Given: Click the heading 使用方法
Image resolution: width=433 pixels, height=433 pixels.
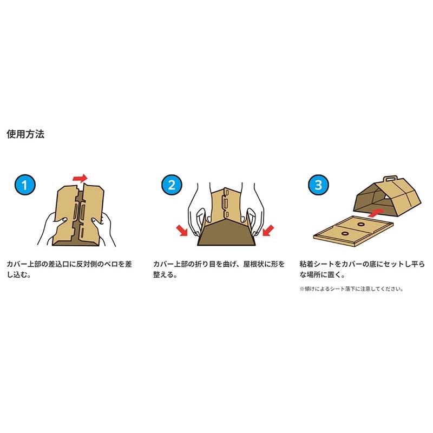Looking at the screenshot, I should pyautogui.click(x=25, y=134).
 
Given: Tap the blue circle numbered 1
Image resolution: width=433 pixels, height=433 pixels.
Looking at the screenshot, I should pyautogui.click(x=25, y=185).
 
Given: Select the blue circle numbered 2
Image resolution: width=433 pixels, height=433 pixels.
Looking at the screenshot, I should pyautogui.click(x=172, y=185).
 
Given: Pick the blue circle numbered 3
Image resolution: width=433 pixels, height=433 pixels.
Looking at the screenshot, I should pyautogui.click(x=318, y=185).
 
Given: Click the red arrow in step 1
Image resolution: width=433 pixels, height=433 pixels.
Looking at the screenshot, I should pyautogui.click(x=80, y=178).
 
